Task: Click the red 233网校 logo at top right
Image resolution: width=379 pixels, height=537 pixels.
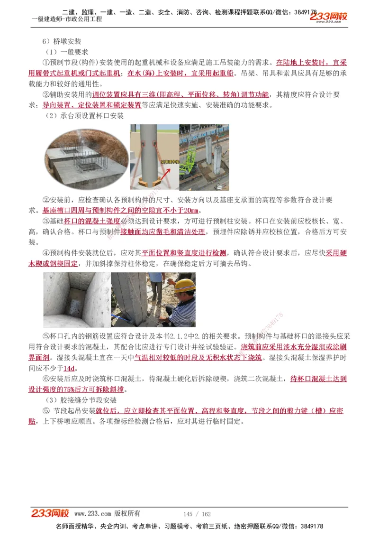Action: [x=328, y=18]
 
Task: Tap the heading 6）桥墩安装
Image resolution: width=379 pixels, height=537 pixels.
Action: [x=62, y=42]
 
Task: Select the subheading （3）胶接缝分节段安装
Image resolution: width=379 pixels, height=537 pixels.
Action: [x=81, y=400]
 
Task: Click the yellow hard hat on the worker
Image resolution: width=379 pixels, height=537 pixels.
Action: [x=184, y=285]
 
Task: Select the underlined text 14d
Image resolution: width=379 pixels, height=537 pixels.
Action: [x=69, y=368]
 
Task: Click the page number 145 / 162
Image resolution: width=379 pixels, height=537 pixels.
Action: [x=197, y=514]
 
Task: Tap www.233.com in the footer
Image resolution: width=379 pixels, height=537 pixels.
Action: [x=93, y=514]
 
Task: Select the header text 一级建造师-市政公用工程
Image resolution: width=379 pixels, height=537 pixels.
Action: [x=66, y=19]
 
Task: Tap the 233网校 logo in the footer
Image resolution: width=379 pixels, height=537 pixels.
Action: [x=50, y=513]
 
